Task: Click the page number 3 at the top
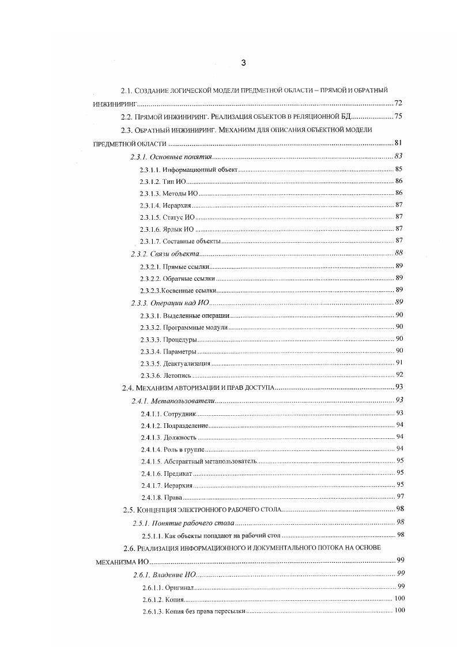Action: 243,63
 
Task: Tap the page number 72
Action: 398,104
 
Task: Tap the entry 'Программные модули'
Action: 195,328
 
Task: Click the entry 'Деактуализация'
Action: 186,364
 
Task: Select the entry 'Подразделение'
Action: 185,426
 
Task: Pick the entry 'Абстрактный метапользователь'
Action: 210,462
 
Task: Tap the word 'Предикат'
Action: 177,473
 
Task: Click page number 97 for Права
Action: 399,497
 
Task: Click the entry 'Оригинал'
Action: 179,587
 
